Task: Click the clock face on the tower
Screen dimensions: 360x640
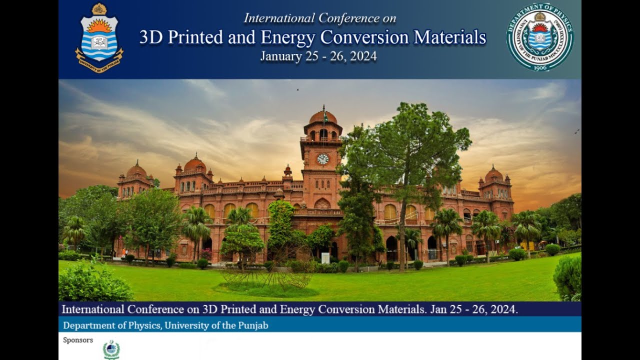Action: (323, 159)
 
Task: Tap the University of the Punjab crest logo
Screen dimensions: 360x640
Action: (99, 38)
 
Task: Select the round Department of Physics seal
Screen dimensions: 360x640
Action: (540, 37)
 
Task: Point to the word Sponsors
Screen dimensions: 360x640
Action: (78, 340)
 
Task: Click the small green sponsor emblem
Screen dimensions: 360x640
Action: (111, 350)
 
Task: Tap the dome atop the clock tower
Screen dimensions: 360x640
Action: (323, 118)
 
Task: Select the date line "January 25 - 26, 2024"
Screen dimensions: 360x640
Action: (318, 56)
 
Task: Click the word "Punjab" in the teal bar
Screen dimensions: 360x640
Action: (252, 325)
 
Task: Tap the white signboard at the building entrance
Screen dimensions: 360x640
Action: (325, 258)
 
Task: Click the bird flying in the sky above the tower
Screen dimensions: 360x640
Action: (298, 90)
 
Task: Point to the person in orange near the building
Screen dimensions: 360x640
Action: (123, 252)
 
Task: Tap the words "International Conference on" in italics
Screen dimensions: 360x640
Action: (320, 18)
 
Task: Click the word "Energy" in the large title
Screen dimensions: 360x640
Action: (287, 37)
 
